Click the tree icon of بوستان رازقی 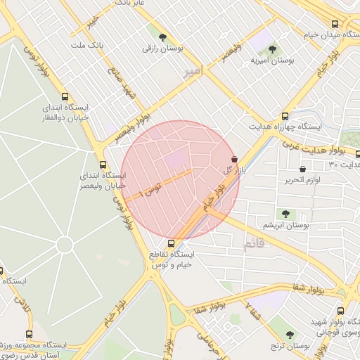click(163, 37)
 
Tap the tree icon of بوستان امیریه click(272, 49)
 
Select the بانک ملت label click(87, 45)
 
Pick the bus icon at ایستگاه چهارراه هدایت click(285, 116)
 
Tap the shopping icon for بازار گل click(234, 160)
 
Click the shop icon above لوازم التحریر click(302, 169)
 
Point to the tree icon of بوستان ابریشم click(285, 214)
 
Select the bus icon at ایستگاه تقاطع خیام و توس click(172, 243)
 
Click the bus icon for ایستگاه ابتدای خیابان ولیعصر click(103, 165)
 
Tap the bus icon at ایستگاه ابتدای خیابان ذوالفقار click(65, 97)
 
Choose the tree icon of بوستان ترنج click(290, 335)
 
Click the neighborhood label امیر click(191, 74)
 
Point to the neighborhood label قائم click(251, 244)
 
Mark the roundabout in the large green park click(64, 245)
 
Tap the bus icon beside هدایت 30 click(357, 155)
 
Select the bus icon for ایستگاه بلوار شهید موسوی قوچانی click(340, 311)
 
